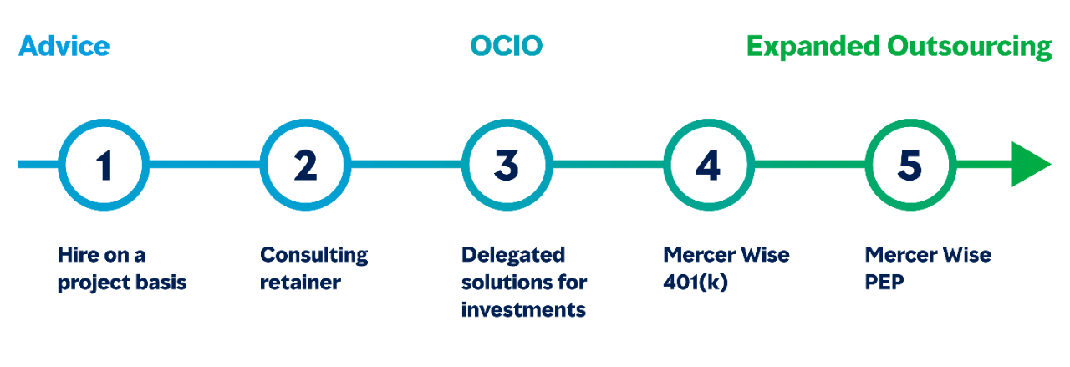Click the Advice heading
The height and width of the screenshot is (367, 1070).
click(x=64, y=46)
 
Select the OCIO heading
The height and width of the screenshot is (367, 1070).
click(x=507, y=46)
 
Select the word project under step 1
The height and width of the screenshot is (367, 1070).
click(x=87, y=283)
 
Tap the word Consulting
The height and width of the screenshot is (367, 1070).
click(x=313, y=256)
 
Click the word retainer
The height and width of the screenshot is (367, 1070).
click(x=300, y=283)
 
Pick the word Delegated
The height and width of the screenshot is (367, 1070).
click(x=513, y=256)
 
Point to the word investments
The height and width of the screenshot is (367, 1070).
click(x=523, y=310)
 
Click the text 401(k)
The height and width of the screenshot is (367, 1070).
click(x=695, y=283)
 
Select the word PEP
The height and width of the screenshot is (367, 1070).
click(x=884, y=283)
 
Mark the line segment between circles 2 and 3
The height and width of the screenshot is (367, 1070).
click(x=406, y=165)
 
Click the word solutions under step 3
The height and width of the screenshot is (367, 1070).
click(x=502, y=283)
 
